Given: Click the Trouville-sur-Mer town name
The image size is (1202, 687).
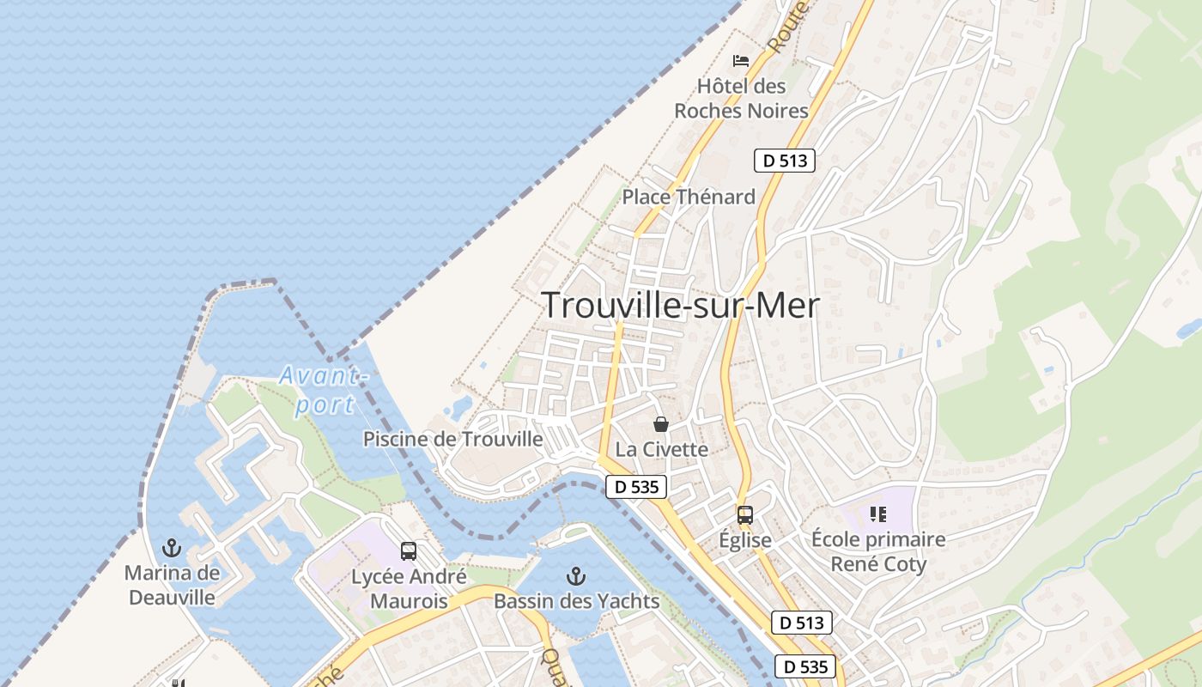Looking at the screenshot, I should click(x=680, y=306).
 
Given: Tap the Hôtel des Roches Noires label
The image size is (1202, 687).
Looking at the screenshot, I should click(x=742, y=99).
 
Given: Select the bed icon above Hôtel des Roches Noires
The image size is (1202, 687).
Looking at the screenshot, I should click(x=740, y=61).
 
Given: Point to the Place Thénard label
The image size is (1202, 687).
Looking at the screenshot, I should click(x=689, y=197).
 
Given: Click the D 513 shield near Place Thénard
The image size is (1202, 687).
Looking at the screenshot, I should click(x=784, y=161).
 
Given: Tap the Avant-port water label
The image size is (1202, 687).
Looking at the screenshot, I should click(x=325, y=389).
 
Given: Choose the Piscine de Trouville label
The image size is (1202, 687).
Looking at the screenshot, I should click(x=453, y=439).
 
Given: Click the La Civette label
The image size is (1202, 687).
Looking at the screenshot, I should click(x=662, y=449).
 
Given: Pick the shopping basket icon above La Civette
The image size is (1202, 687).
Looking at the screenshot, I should click(x=661, y=424).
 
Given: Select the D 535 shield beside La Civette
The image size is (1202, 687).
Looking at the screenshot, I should click(x=636, y=487).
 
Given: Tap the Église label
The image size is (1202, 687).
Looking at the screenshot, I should click(x=744, y=540).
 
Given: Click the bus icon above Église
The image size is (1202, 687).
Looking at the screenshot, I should click(x=744, y=515).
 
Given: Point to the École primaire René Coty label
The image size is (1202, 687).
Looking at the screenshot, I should click(x=877, y=551).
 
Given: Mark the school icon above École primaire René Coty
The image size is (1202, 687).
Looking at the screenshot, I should click(x=877, y=514).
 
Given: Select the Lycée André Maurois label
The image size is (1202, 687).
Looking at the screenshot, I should click(x=409, y=588).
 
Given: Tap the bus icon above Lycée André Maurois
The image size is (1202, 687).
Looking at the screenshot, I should click(x=409, y=551).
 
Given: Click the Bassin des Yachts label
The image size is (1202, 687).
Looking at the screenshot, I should click(x=576, y=600).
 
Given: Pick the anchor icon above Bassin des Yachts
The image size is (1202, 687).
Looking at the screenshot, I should click(x=576, y=575).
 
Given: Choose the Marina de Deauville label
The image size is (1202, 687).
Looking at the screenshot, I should click(x=172, y=584).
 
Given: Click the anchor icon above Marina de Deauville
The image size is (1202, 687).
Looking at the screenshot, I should click(x=173, y=548).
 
